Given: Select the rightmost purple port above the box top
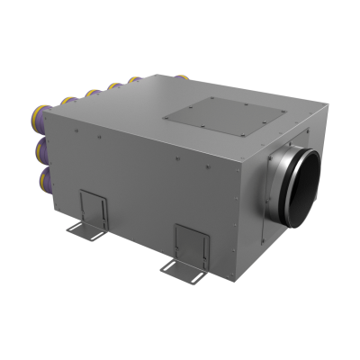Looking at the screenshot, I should coord(136,81).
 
